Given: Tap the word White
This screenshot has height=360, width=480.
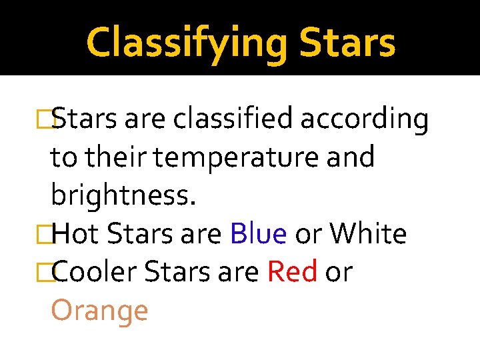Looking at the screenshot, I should click(369, 234).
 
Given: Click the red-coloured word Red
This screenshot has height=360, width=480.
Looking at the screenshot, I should click(292, 272).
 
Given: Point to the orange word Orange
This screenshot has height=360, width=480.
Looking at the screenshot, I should click(99, 311).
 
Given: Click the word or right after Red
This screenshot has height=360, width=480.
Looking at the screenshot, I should click(338, 272).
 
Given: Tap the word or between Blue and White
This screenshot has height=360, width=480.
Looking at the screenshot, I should click(309, 234).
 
